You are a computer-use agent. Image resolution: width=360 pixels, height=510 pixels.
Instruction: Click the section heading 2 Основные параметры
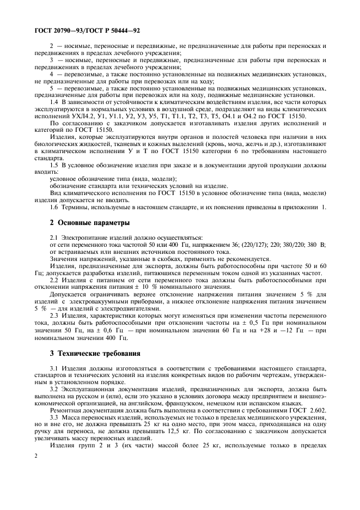click(x=89, y=223)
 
